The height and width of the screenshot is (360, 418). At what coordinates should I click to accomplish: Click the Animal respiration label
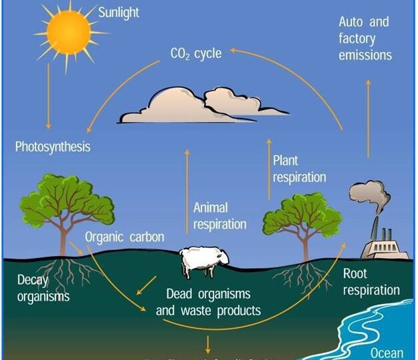[x=219, y=216]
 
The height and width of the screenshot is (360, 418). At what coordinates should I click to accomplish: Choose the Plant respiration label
[x=299, y=169]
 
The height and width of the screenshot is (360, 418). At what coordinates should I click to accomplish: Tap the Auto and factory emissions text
[x=364, y=38]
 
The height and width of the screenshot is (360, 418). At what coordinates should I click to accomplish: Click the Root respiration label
[x=371, y=281]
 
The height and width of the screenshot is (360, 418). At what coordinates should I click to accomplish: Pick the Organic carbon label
[x=125, y=237]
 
